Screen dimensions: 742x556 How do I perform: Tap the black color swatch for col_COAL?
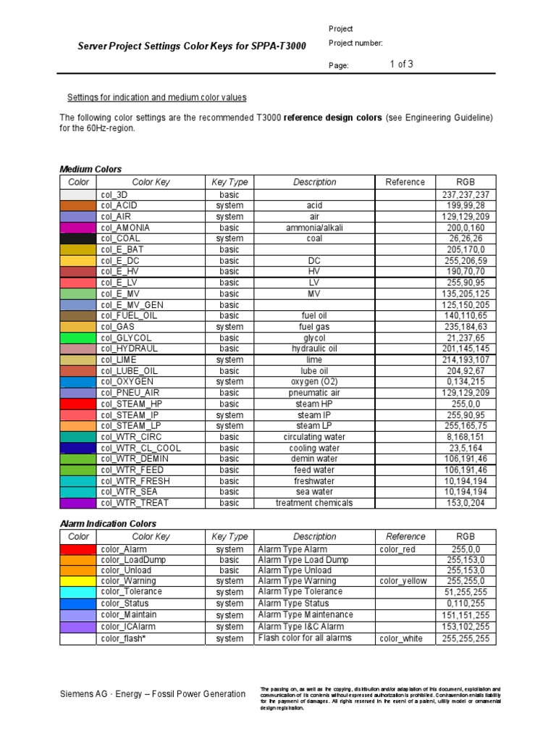(x=77, y=238)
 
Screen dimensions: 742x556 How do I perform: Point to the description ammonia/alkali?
(x=314, y=228)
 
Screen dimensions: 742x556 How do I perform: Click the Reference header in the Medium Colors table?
(x=405, y=182)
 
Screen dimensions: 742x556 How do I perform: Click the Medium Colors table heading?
(x=90, y=169)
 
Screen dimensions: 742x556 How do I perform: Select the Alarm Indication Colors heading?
(x=107, y=523)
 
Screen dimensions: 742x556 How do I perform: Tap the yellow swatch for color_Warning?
(x=77, y=581)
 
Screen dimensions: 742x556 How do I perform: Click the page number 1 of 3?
(x=401, y=64)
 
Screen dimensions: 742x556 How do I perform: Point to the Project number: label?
(x=355, y=43)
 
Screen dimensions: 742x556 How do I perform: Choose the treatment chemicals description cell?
(x=314, y=503)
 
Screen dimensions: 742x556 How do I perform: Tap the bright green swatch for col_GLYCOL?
(x=77, y=338)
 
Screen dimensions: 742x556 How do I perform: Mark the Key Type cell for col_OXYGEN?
(x=229, y=382)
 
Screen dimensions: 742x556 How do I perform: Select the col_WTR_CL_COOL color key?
(x=141, y=448)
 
